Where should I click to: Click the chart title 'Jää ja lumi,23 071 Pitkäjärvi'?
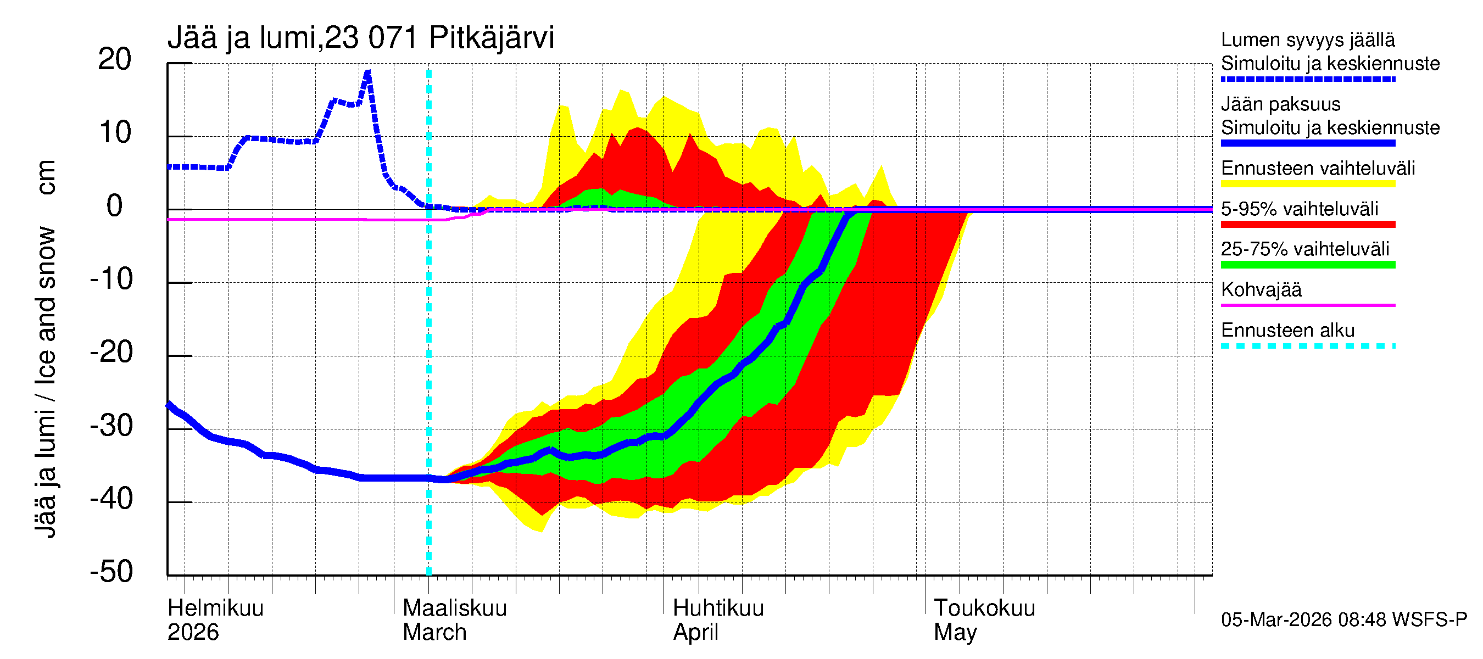tap(360, 38)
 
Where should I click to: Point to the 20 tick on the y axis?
tap(115, 59)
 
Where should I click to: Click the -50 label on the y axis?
tap(111, 572)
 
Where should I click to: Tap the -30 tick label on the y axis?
tap(111, 426)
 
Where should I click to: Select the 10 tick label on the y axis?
tap(115, 133)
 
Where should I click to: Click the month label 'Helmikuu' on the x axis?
tap(215, 608)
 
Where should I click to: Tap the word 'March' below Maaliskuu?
tap(434, 632)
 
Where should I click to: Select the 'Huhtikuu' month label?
tap(718, 608)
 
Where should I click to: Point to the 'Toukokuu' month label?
tap(984, 608)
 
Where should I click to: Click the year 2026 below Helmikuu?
tap(193, 632)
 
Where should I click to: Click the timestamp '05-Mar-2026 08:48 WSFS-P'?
tap(1343, 619)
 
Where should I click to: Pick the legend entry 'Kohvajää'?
tap(1261, 289)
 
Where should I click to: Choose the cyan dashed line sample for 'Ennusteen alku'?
tap(1307, 346)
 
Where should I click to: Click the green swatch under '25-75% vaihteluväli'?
tap(1307, 265)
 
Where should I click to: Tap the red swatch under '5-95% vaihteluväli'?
tap(1307, 225)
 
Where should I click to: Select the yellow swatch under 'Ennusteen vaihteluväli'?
tap(1307, 184)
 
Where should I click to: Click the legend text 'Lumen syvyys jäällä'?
tap(1307, 40)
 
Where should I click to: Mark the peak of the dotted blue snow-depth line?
tap(367, 72)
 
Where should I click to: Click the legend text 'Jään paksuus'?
tap(1280, 104)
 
